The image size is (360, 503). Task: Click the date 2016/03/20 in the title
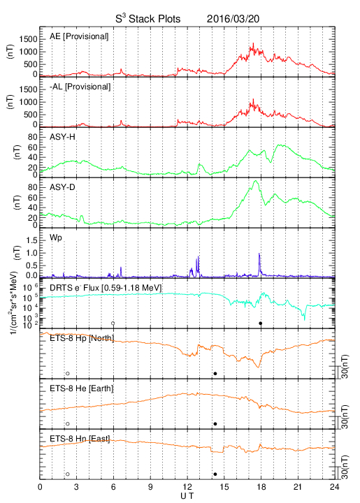point(233,19)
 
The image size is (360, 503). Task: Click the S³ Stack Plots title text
point(148,18)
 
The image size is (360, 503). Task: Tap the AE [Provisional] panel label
point(79,36)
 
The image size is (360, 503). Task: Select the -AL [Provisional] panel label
point(80,87)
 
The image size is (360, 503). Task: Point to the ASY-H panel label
point(62,137)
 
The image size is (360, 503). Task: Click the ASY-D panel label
point(62,187)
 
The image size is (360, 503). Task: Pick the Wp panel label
point(56,238)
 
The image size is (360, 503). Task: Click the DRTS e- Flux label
point(106,288)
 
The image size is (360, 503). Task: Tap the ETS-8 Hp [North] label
point(82,338)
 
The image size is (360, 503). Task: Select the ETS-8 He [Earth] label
point(82,388)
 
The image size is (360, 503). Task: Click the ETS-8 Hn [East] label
point(80,439)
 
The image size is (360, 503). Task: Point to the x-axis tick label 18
point(261,487)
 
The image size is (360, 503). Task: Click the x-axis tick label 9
point(150,487)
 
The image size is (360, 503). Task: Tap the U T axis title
point(187,496)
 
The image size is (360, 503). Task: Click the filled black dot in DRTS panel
point(261,323)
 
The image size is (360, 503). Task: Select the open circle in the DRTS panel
point(113,323)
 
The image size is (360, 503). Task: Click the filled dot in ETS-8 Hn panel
point(215,474)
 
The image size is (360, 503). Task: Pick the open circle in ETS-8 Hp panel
point(68,373)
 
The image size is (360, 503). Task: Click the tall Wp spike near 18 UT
point(259,264)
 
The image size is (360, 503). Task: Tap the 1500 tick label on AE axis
point(28,39)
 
